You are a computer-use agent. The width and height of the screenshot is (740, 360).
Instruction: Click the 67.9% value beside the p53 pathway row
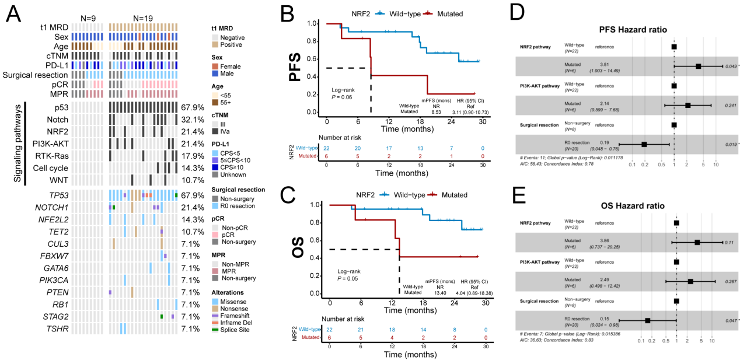(192, 108)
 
